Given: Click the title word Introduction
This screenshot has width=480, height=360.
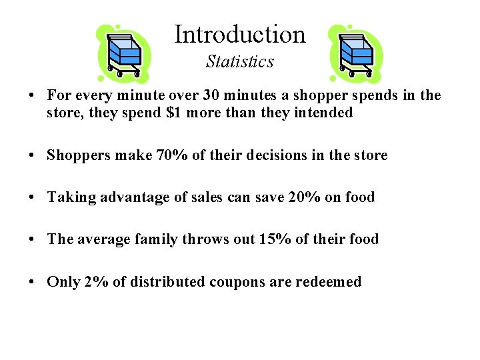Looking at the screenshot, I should (x=240, y=34).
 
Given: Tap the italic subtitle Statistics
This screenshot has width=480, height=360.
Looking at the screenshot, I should (x=240, y=62).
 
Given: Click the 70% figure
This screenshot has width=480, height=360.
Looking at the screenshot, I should (x=172, y=155).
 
